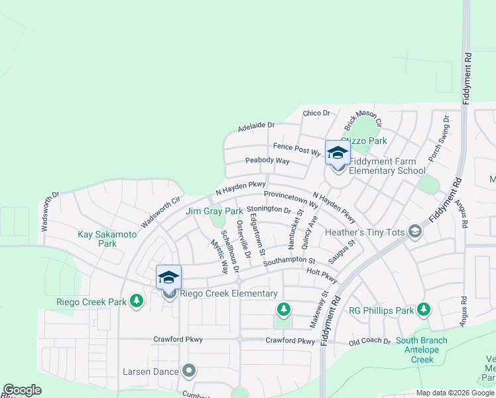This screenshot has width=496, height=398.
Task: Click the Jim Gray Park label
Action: point(214,211)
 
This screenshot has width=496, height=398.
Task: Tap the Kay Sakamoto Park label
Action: point(107,239)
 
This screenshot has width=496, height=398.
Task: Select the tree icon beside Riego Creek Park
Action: point(137,302)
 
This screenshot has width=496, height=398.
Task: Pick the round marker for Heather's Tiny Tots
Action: point(415,232)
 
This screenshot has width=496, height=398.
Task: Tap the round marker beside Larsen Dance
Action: point(190,371)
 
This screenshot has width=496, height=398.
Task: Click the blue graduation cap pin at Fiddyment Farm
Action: point(338,153)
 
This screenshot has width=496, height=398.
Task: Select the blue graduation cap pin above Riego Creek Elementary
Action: point(169,278)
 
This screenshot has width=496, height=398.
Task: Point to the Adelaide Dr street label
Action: point(256,125)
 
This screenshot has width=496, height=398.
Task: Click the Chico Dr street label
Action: point(316,113)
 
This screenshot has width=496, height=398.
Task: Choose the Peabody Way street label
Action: point(267,161)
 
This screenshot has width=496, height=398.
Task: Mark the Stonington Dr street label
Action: point(269,209)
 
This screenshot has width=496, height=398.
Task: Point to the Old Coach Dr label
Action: point(370,341)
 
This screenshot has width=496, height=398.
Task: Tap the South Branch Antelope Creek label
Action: point(421,350)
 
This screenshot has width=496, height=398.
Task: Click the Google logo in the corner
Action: point(22,390)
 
